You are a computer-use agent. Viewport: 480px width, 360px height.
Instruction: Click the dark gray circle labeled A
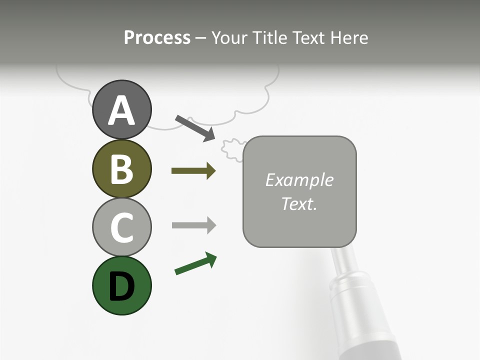[x=121, y=109]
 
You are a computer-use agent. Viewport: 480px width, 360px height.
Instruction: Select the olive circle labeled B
[x=121, y=168]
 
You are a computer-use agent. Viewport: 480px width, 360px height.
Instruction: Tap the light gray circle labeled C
[x=121, y=227]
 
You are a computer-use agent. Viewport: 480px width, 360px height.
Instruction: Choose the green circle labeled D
[x=121, y=285]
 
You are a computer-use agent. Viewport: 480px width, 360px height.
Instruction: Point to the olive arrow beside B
[x=193, y=171]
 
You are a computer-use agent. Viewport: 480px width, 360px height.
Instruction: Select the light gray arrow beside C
[x=193, y=225]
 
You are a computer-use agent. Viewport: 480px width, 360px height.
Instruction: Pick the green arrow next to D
[x=195, y=264]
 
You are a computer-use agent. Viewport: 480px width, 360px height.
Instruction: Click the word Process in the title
[x=157, y=38]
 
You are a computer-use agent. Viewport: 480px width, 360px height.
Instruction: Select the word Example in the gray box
[x=299, y=180]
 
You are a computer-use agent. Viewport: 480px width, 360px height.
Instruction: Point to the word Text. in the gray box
[x=299, y=203]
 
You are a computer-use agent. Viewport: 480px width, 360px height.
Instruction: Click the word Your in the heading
[x=228, y=38]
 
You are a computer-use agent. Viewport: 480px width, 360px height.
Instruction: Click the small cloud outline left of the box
[x=231, y=148]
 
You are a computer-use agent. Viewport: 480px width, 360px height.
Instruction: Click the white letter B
[x=121, y=169]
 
